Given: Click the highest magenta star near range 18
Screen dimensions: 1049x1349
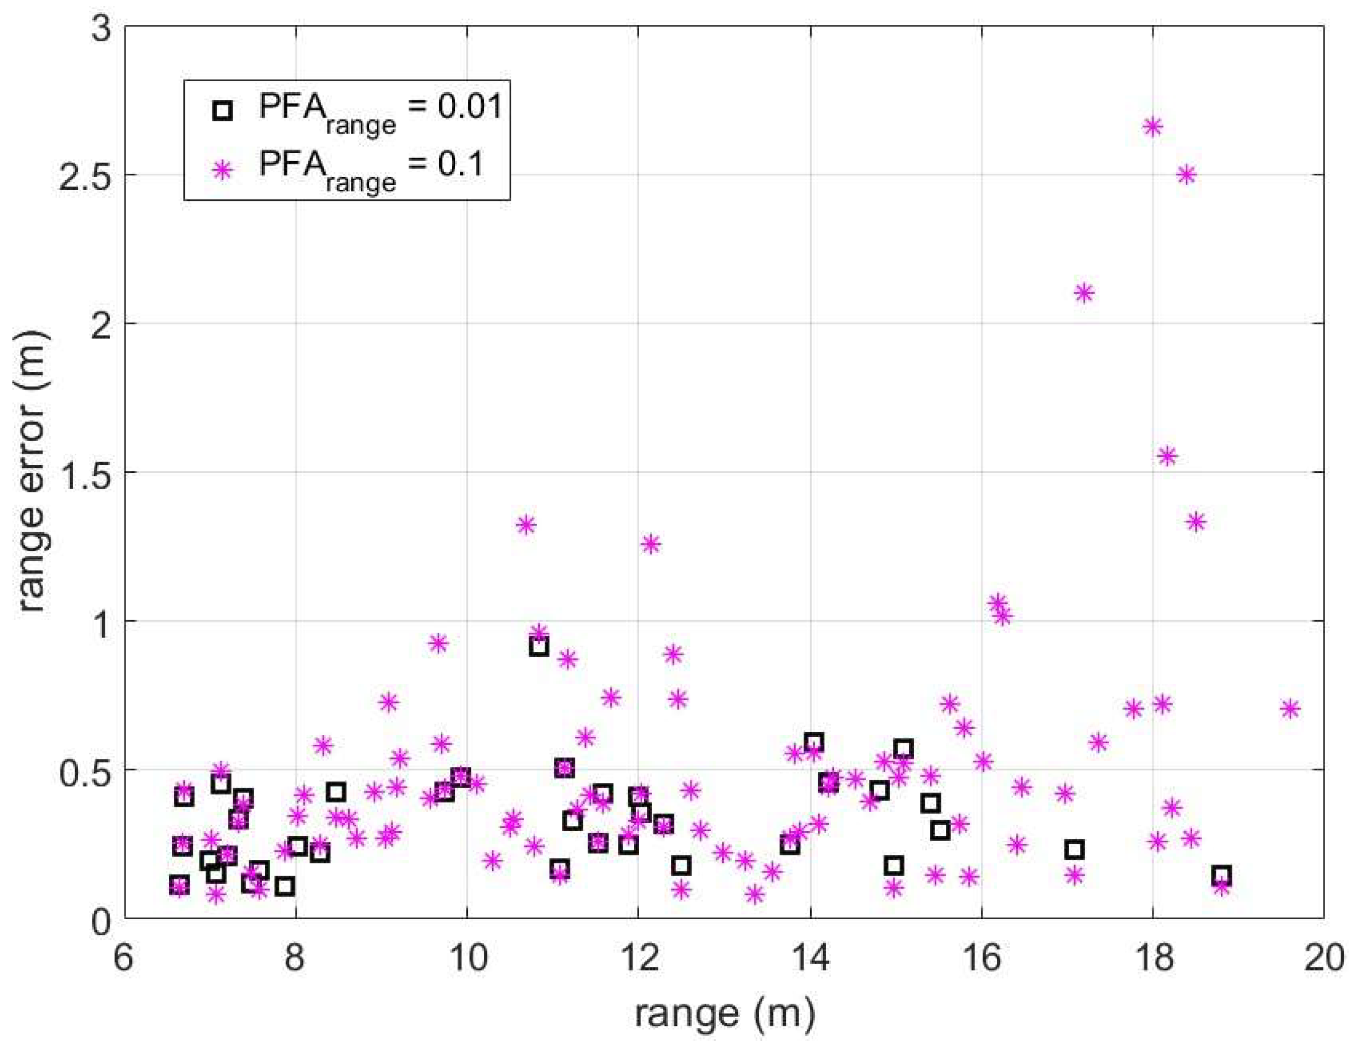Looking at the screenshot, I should pyautogui.click(x=1152, y=127).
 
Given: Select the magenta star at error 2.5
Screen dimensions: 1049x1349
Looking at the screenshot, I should pyautogui.click(x=1186, y=175).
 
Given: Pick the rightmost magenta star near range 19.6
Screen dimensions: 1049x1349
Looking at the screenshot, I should pyautogui.click(x=1290, y=709).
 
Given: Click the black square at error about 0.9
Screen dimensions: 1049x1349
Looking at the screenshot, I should pyautogui.click(x=539, y=647).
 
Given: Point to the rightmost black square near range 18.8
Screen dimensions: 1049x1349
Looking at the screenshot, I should pyautogui.click(x=1221, y=875).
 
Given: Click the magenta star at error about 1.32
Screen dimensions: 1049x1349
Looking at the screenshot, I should pyautogui.click(x=526, y=525).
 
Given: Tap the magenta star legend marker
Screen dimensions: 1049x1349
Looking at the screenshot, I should pyautogui.click(x=222, y=168).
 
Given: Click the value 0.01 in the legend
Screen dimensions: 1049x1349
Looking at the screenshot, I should pyautogui.click(x=471, y=108).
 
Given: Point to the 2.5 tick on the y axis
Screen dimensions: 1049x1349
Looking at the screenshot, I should pyautogui.click(x=87, y=175).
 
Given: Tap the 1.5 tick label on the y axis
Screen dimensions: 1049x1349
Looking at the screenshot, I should pyautogui.click(x=87, y=473).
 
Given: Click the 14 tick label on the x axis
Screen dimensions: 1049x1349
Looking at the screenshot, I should pyautogui.click(x=810, y=959).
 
